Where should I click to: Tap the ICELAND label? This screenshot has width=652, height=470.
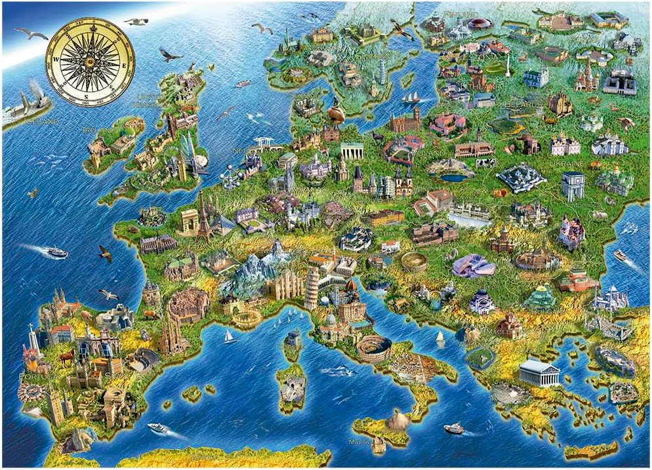tap(43, 122)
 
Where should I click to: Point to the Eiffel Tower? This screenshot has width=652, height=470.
tap(203, 213)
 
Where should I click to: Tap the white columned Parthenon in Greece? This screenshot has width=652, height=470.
tap(539, 373)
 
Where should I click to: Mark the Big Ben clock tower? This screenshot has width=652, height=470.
tap(182, 167)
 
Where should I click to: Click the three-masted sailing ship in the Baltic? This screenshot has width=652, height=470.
tap(411, 98)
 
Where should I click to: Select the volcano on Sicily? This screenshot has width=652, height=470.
tap(398, 420)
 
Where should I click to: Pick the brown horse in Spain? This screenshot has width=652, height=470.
tap(67, 358)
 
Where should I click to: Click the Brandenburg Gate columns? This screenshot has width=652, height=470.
tap(352, 151)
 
